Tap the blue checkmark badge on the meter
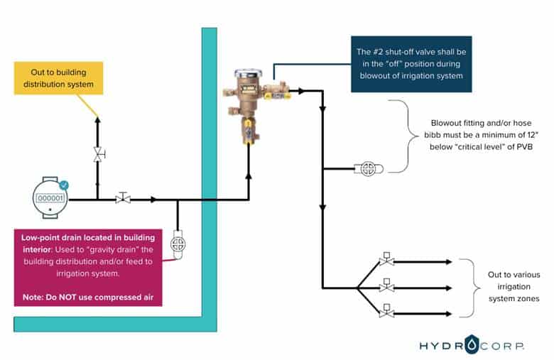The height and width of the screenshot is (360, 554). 64,185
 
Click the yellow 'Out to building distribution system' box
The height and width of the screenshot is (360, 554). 58,78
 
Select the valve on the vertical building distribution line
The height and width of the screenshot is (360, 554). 99,155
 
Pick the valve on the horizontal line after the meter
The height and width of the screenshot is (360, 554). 123,199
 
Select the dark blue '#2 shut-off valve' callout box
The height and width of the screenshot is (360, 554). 411,64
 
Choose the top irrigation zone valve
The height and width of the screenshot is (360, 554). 386,260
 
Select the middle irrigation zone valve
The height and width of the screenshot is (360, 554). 386,287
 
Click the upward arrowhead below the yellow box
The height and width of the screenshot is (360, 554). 99,121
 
